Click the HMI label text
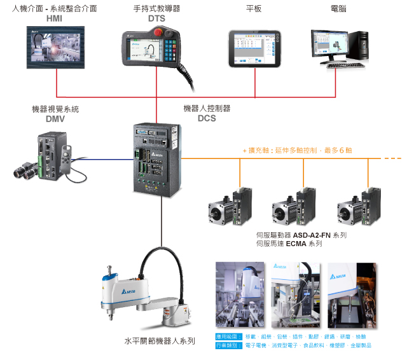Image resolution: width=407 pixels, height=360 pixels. click(x=55, y=18)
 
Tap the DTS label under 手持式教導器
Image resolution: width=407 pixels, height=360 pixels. click(x=156, y=18)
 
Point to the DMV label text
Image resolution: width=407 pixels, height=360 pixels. click(x=55, y=118)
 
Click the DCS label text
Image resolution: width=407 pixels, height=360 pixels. click(x=207, y=118)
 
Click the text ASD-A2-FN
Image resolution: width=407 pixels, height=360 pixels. click(x=310, y=235)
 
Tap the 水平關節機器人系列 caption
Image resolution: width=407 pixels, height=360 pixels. click(x=160, y=341)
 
